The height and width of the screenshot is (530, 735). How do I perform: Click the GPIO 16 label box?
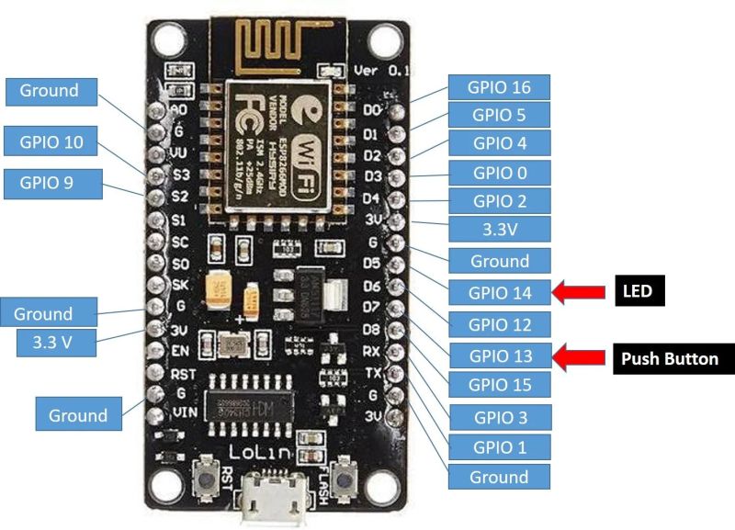(500, 87)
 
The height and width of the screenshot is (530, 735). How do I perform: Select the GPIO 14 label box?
(500, 292)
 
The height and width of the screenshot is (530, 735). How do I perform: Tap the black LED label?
(639, 292)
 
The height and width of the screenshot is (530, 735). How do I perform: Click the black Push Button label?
(669, 358)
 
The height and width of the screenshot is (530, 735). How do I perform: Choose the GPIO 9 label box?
(51, 182)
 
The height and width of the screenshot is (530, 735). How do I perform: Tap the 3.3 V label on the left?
(56, 344)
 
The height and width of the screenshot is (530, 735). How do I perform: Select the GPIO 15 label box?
(500, 385)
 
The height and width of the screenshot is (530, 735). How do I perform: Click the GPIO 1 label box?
(500, 447)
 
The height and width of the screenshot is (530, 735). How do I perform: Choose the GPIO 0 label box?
(500, 173)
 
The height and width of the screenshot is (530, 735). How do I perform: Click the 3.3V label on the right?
(500, 229)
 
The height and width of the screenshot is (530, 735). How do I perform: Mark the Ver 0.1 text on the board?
(379, 70)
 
